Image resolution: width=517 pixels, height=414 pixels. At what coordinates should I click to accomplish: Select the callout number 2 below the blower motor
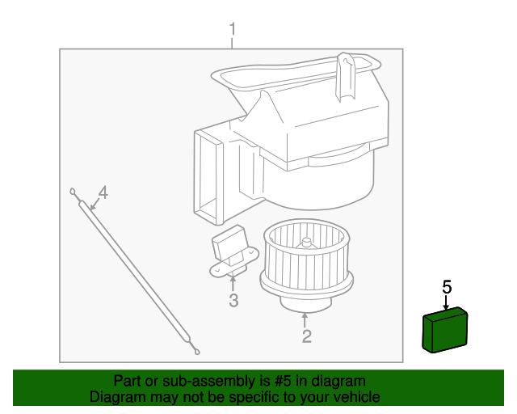pos(306,336)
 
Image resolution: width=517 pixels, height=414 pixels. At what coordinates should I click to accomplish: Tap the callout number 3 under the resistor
pos(233,302)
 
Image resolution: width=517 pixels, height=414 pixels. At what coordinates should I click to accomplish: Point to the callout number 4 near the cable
pos(103,192)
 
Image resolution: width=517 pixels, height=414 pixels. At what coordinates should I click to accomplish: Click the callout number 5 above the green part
pos(447,286)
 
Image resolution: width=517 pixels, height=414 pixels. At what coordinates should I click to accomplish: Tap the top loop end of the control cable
pos(74,193)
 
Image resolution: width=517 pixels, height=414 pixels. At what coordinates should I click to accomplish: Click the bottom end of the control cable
pos(196,349)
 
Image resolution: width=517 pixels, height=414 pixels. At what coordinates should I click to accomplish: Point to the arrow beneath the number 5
pos(447,302)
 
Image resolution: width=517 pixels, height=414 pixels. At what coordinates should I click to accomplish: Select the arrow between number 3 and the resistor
pos(233,283)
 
